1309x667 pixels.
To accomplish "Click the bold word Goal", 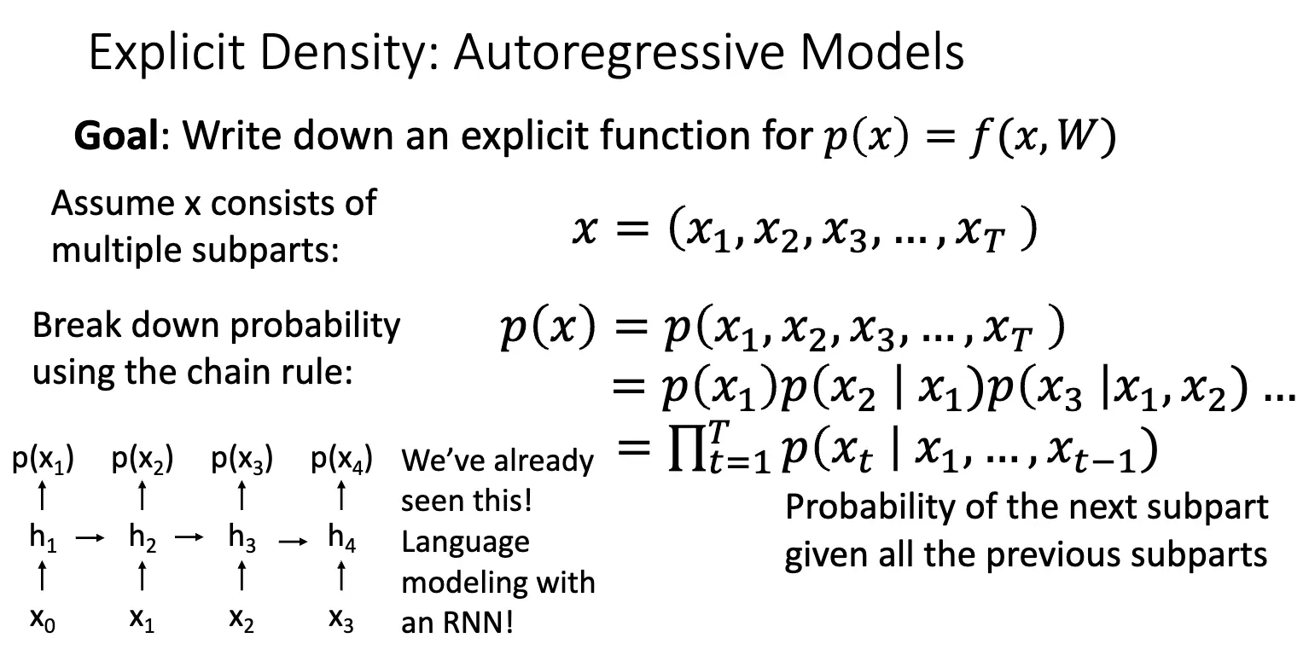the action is pyautogui.click(x=116, y=136).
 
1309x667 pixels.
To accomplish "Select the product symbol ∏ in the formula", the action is pyautogui.click(x=687, y=449).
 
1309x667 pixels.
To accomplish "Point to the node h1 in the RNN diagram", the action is pyautogui.click(x=44, y=538).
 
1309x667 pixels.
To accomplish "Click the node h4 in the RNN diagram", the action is pyautogui.click(x=342, y=538).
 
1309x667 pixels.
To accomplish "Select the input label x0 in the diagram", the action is pyautogui.click(x=43, y=620).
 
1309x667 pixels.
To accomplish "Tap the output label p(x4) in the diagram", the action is pyautogui.click(x=342, y=460).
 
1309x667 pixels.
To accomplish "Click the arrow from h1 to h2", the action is pyautogui.click(x=90, y=537).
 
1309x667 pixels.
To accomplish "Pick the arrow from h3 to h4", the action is pyautogui.click(x=293, y=542).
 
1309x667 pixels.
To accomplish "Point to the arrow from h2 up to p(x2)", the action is pyautogui.click(x=142, y=496).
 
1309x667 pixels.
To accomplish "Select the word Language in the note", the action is pyautogui.click(x=465, y=542).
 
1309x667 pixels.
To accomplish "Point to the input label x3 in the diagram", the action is pyautogui.click(x=341, y=620).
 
